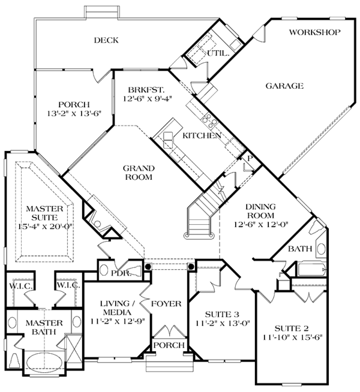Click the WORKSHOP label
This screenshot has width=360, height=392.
click(315, 32)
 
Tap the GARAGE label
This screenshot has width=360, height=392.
click(284, 86)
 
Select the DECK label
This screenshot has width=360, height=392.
click(106, 41)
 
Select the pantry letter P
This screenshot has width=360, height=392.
click(249, 157)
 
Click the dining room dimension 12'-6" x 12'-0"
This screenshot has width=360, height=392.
click(261, 225)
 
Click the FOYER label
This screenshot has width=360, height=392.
click(166, 304)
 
